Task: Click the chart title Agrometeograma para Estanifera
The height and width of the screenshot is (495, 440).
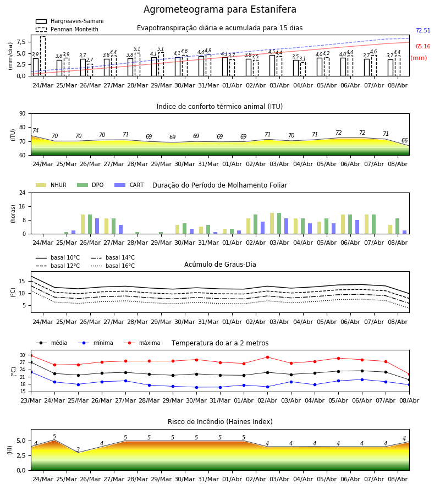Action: click(219, 9)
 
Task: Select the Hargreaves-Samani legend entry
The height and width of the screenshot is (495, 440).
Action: click(69, 21)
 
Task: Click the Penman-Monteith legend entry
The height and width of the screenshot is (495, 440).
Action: click(67, 29)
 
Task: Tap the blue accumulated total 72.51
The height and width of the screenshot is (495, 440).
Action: click(423, 31)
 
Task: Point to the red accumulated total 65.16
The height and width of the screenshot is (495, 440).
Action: click(423, 46)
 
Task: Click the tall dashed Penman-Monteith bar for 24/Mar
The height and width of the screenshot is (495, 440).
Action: click(43, 56)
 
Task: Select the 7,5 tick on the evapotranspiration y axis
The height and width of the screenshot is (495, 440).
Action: click(21, 42)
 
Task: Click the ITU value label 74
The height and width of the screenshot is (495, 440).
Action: click(35, 130)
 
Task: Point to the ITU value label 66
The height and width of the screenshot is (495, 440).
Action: click(404, 140)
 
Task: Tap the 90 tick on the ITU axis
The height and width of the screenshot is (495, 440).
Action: click(23, 114)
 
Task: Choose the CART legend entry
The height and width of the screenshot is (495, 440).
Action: click(129, 185)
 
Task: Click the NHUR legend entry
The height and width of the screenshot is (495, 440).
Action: click(51, 185)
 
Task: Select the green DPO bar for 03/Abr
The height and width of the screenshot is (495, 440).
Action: click(279, 223)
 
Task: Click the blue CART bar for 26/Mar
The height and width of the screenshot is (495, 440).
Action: click(97, 226)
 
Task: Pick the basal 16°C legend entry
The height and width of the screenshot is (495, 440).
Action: click(113, 266)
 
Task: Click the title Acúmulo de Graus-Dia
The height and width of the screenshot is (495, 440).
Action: click(220, 264)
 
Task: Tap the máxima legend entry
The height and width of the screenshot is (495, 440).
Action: click(142, 343)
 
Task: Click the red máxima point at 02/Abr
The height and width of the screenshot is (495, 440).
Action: click(268, 358)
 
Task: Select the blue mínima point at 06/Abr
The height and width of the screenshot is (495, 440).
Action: click(362, 380)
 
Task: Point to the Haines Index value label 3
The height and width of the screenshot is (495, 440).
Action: click(78, 449)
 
